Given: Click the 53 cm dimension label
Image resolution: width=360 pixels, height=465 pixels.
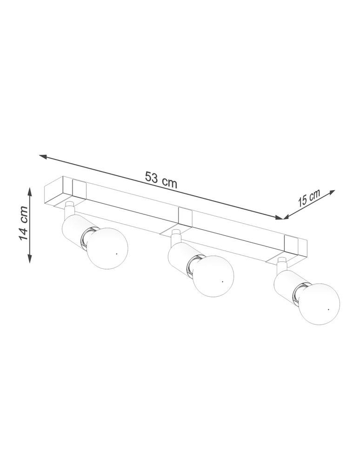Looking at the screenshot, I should pyautogui.click(x=161, y=180).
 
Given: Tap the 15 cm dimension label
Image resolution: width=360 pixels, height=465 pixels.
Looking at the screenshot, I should pyautogui.click(x=309, y=198).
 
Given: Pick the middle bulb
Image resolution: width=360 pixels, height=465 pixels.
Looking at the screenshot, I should pyautogui.click(x=213, y=276).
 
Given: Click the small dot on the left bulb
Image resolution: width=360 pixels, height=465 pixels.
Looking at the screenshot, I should pyautogui.click(x=116, y=254).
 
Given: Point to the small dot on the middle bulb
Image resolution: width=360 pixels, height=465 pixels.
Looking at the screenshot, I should pyautogui.click(x=222, y=281).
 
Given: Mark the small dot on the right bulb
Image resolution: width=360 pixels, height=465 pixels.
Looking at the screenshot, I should pyautogui.click(x=328, y=309).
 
